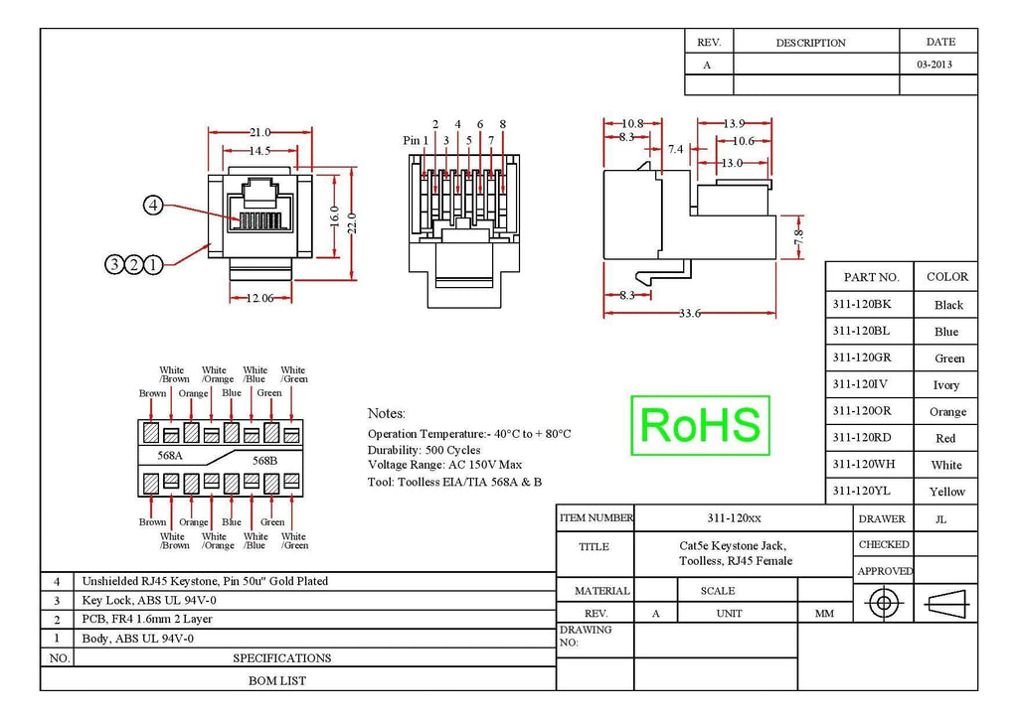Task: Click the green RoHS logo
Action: click(x=700, y=425)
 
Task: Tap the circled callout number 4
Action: click(x=153, y=206)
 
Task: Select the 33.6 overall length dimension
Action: click(x=690, y=314)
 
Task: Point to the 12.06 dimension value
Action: click(x=259, y=298)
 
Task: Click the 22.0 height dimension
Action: click(x=352, y=223)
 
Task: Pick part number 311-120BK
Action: click(x=862, y=304)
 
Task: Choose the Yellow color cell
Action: click(x=946, y=492)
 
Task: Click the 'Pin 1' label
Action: click(x=416, y=140)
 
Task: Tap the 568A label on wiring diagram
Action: click(x=170, y=455)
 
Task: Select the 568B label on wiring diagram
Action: click(x=264, y=461)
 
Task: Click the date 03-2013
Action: click(x=934, y=65)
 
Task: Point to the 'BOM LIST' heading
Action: click(x=277, y=680)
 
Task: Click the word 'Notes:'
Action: click(x=387, y=414)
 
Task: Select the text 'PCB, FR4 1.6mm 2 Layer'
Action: click(x=147, y=619)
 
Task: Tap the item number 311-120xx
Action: click(x=734, y=518)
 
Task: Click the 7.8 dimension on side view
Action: click(x=798, y=237)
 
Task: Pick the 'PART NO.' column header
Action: click(x=871, y=277)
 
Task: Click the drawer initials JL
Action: click(x=940, y=519)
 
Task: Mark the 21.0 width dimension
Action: click(x=259, y=132)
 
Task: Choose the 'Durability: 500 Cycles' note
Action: click(x=424, y=450)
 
